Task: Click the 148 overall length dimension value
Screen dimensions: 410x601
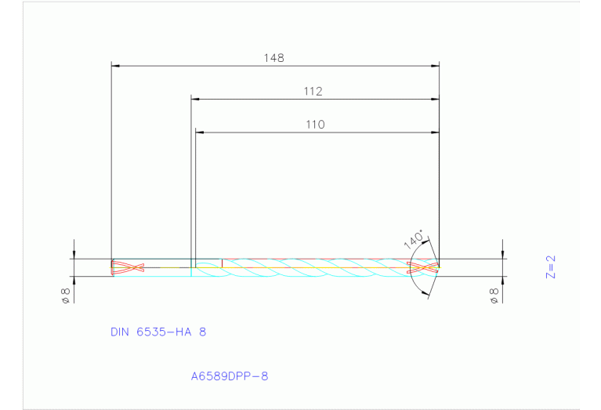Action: pos(273,58)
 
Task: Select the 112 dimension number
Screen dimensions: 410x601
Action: pos(313,92)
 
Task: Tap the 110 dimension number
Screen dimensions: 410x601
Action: pos(315,125)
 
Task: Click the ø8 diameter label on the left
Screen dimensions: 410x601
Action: pos(67,295)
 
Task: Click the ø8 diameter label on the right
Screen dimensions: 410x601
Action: pos(494,295)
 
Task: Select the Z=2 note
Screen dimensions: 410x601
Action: pos(550,267)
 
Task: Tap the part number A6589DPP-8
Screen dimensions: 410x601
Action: pos(230,376)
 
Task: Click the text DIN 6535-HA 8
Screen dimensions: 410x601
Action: pos(158,332)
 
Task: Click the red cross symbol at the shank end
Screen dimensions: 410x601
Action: pos(128,267)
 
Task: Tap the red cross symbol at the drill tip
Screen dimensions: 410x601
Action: pos(423,267)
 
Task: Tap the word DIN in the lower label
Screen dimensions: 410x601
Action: pos(121,332)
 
